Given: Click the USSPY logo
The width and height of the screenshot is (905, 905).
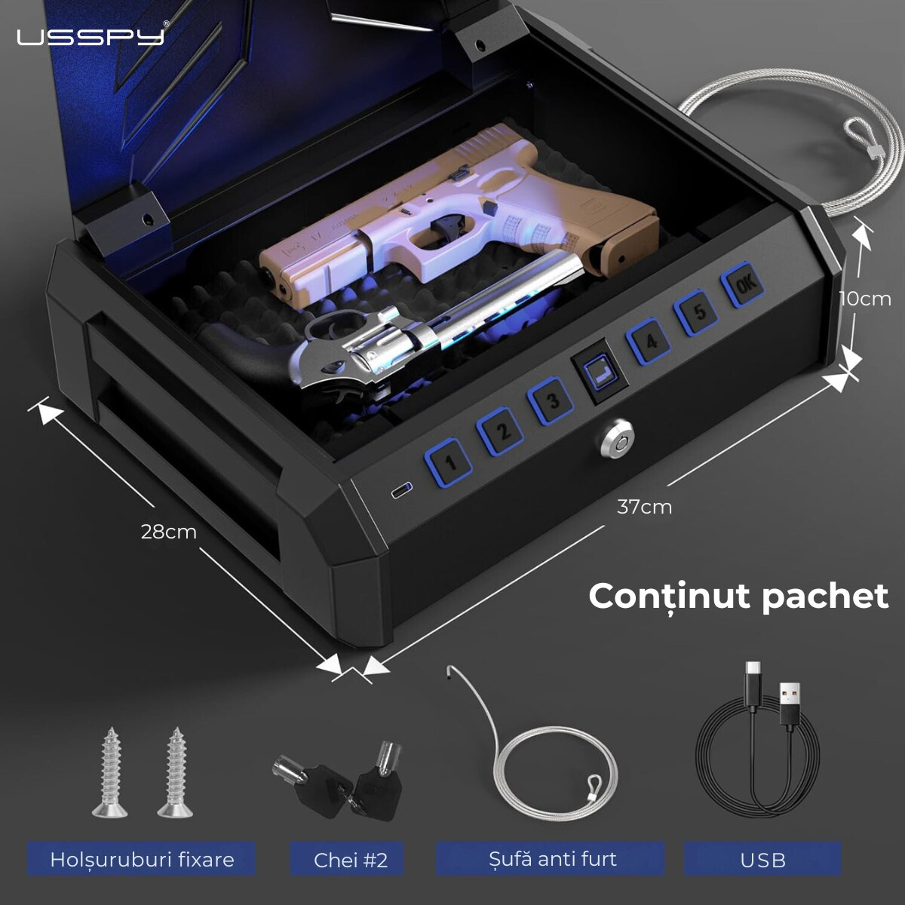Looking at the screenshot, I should (90, 35).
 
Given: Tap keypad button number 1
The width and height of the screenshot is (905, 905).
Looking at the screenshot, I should (449, 462).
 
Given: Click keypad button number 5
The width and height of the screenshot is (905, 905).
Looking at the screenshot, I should (698, 311).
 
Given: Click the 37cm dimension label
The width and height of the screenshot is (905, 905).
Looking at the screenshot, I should (644, 507).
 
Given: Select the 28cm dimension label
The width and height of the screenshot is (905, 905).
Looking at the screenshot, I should (168, 532).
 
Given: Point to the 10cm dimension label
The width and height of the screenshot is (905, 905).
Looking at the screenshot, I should (865, 299).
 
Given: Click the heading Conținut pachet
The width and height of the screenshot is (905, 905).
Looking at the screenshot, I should (738, 596).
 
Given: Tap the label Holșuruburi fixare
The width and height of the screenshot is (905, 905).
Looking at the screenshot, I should (142, 859).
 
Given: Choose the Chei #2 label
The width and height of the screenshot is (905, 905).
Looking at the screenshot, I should (351, 860).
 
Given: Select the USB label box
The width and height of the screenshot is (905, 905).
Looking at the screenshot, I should (762, 860).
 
